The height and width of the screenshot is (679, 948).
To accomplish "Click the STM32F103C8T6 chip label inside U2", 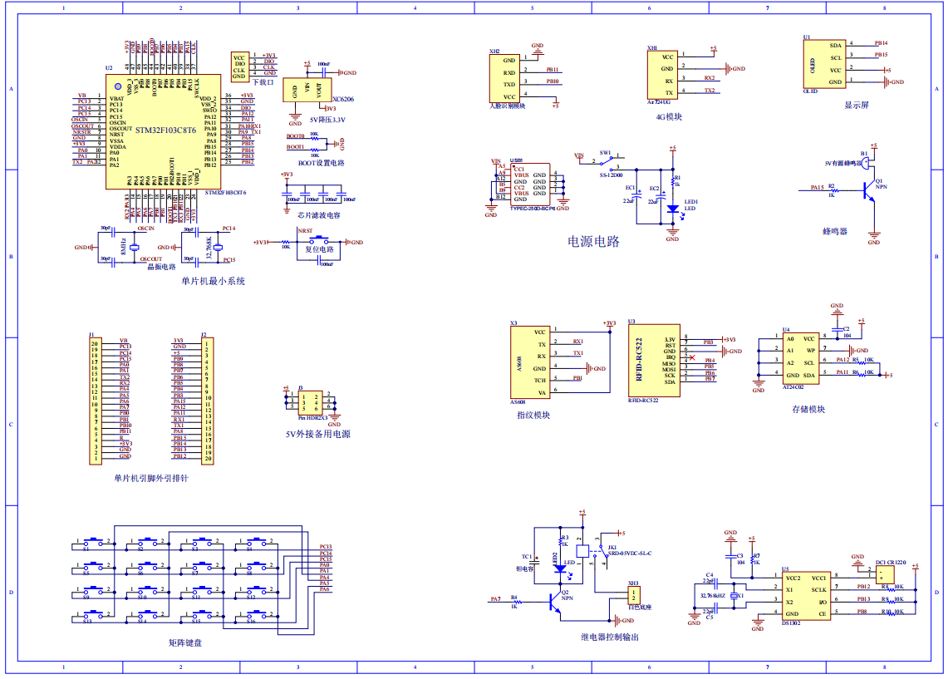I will pos(166,130).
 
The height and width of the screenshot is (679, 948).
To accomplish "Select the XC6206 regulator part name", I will pos(342,99).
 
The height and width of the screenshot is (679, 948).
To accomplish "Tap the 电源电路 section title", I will pos(593,241).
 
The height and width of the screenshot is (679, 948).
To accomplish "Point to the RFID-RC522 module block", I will pos(655,360).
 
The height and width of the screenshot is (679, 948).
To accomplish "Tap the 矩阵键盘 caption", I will pos(184,642).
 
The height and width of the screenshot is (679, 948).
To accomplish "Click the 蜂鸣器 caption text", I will pos(834,231).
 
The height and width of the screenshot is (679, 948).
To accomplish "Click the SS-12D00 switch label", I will pos(612,175).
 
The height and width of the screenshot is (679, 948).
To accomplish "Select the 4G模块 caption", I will pos(669,117).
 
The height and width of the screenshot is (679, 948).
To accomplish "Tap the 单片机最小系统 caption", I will pos(213,281).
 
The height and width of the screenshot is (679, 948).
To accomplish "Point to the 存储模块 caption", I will pos(808,409).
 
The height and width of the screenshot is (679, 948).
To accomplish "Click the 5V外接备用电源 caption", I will pos(317,434).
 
